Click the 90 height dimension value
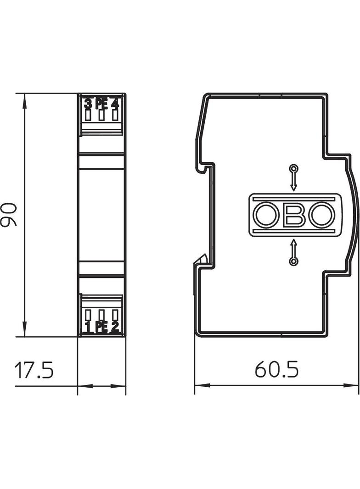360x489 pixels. click(9, 214)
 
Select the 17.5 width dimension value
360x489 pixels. click(34, 370)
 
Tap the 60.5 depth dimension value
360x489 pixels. click(276, 369)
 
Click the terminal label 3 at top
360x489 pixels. click(88, 104)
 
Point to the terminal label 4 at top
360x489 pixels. click(115, 104)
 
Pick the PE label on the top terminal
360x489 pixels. click(101, 104)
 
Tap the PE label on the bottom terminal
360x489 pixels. click(101, 327)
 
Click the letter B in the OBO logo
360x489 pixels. click(294, 215)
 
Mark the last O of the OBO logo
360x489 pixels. click(322, 215)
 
